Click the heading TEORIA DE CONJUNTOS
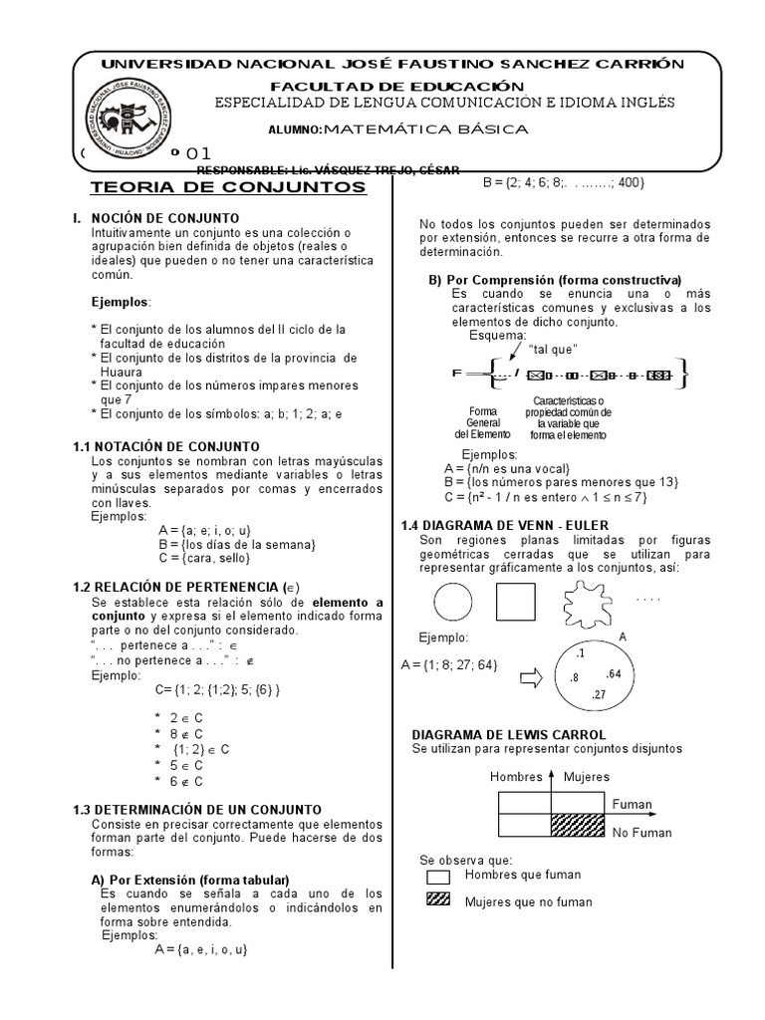click(x=228, y=188)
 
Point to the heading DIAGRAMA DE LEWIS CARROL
click(x=509, y=734)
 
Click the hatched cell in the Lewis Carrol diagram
click(x=578, y=824)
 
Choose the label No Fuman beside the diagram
click(x=641, y=833)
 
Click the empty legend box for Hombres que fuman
click(x=438, y=878)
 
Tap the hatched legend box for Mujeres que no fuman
click(x=438, y=899)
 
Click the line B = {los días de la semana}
click(x=236, y=544)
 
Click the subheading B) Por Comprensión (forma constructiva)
click(x=555, y=279)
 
